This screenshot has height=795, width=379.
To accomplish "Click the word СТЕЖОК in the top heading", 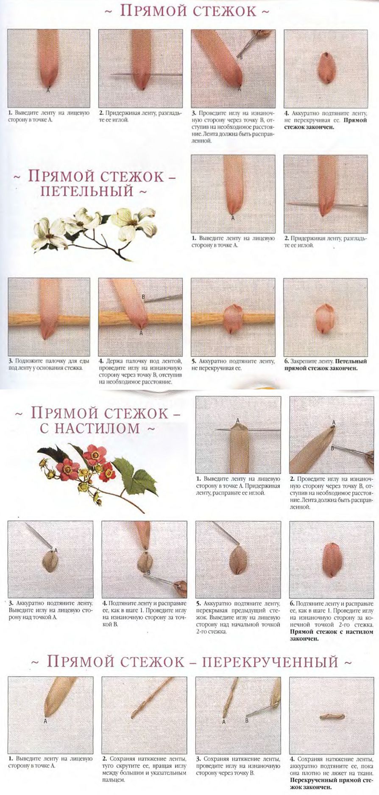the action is click(225, 11).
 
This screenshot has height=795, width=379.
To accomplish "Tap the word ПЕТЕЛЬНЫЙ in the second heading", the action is click(87, 191).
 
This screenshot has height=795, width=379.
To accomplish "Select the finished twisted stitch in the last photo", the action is click(332, 717).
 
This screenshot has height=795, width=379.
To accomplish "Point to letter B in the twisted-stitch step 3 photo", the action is click(247, 720).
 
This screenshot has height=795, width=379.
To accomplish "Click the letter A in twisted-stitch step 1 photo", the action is click(45, 721).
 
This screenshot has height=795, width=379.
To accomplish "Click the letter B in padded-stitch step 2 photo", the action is click(333, 448).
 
